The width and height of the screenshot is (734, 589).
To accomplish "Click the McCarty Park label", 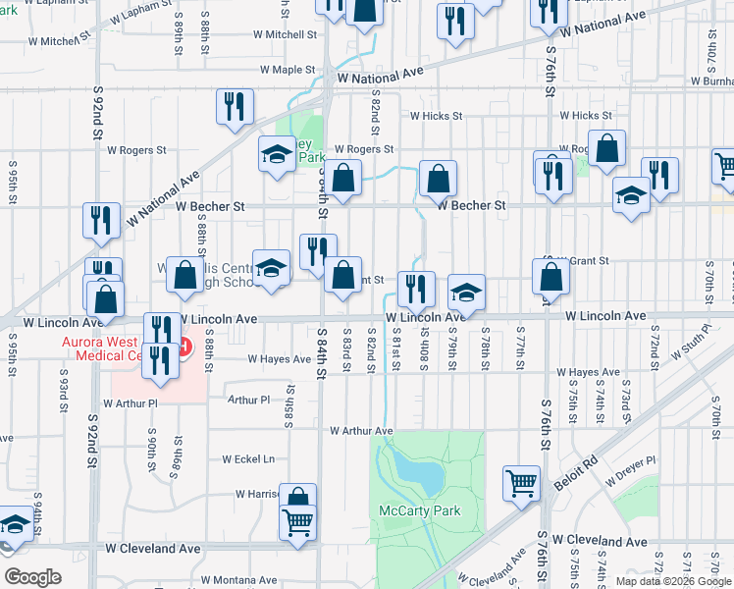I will click(419, 510).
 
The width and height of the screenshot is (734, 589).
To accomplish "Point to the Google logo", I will click(32, 577).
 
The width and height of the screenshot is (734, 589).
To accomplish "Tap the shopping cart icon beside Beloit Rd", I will click(522, 482).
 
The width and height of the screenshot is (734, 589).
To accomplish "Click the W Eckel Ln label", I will click(248, 458).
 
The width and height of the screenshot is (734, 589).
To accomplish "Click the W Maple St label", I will click(287, 71).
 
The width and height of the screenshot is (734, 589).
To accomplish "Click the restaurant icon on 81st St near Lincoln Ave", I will click(416, 288).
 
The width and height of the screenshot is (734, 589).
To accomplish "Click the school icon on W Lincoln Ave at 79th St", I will click(467, 291).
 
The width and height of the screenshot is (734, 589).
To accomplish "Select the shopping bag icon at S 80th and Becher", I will click(438, 178).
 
